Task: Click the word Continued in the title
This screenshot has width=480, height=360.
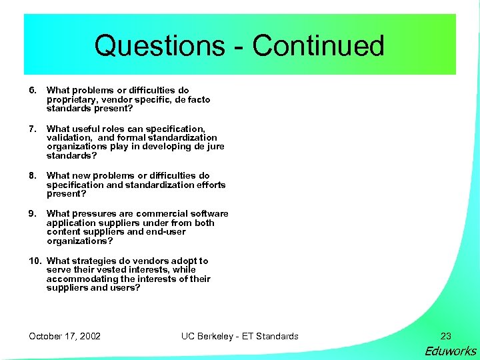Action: [318, 46]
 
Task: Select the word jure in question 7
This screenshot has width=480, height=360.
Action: [215, 147]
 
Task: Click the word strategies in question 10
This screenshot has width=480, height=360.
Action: [93, 261]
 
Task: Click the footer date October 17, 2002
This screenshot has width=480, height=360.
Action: [65, 336]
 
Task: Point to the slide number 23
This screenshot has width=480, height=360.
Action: [446, 336]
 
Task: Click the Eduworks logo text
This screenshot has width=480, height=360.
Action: [451, 351]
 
